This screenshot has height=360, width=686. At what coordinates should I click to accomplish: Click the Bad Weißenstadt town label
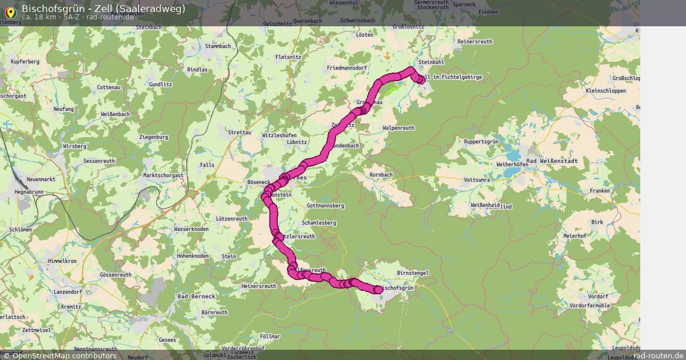click(x=552, y=161)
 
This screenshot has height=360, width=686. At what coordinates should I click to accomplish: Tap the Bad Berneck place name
click(x=196, y=297)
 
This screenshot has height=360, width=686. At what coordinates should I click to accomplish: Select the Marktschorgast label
click(x=163, y=175)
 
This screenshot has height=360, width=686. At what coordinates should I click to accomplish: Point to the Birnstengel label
click(x=412, y=273)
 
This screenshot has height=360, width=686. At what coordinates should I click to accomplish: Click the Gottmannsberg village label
click(x=325, y=205)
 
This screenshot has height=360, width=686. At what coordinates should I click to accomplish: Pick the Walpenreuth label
click(x=398, y=127)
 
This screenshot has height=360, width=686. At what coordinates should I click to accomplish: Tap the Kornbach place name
click(x=381, y=174)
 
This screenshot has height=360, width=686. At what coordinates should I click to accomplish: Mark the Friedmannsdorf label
click(x=346, y=68)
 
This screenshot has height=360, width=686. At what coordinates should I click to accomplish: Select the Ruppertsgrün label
click(x=481, y=141)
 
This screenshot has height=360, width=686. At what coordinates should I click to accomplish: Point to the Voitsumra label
click(x=477, y=179)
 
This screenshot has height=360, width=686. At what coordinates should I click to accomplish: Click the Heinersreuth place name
click(x=259, y=286)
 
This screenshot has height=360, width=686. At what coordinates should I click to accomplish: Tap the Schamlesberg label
click(x=318, y=222)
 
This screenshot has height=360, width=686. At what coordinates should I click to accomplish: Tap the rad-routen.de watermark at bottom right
click(x=658, y=355)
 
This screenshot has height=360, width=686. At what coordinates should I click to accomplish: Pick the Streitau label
click(x=240, y=132)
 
